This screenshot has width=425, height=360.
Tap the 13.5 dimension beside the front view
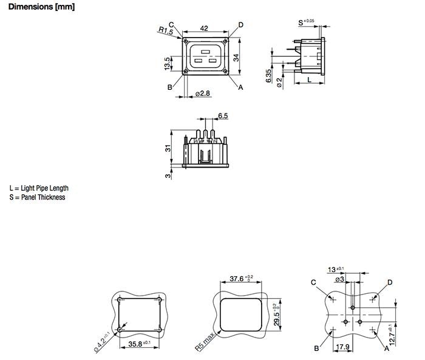click(x=167, y=63)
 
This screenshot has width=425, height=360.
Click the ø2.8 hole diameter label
click(x=203, y=93)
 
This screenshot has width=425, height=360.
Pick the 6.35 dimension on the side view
click(x=270, y=75)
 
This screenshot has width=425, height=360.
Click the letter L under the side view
click(x=309, y=79)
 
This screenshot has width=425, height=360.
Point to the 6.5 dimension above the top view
click(x=222, y=115)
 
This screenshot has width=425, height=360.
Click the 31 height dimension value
click(x=167, y=149)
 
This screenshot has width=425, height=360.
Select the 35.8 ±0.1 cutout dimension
click(x=140, y=344)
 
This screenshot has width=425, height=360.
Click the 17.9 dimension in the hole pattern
click(x=343, y=348)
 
